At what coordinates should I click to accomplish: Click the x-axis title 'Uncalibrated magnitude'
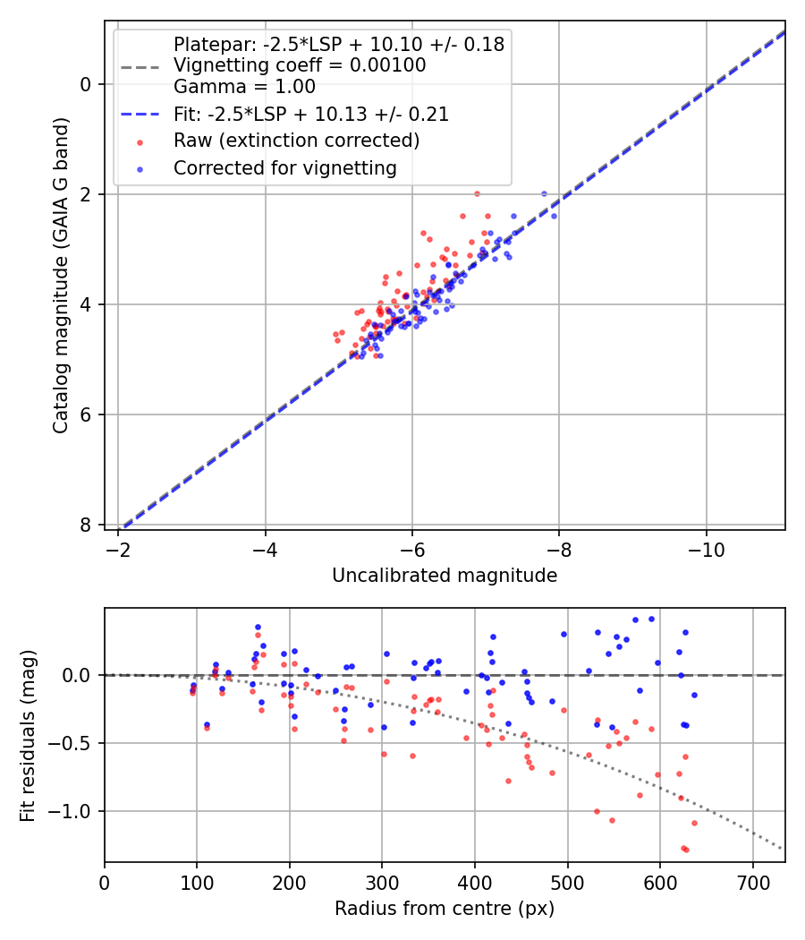[445, 576]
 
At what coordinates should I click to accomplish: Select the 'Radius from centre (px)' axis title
[445, 909]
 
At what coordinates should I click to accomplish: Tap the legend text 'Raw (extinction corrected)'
[296, 141]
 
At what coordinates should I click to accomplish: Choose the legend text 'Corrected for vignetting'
[285, 167]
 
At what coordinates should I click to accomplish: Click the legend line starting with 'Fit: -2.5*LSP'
[311, 115]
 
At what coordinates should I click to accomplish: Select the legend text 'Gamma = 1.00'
[244, 88]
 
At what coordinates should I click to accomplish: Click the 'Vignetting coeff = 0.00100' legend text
[300, 65]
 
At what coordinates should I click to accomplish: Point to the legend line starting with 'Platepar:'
[339, 44]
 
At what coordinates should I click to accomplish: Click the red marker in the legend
[140, 141]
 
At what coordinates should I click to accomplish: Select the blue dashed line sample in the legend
[140, 115]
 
